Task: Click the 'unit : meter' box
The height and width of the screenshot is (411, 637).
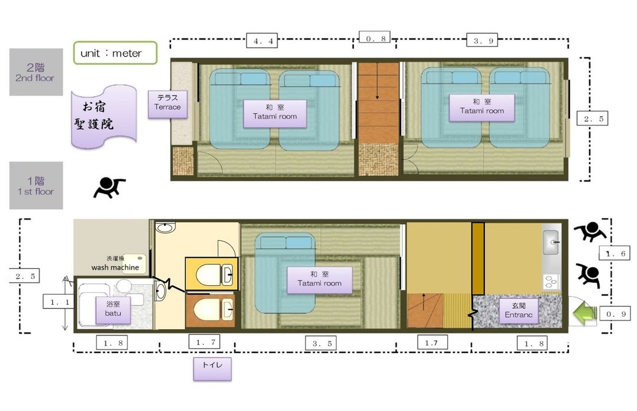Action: click(116, 53)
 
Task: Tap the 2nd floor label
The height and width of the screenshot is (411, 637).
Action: click(36, 73)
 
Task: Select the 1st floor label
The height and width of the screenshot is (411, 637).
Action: click(36, 186)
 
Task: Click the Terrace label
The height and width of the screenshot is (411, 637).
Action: click(168, 104)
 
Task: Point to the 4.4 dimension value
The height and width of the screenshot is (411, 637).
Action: click(262, 41)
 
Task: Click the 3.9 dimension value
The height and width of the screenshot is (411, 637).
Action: click(482, 40)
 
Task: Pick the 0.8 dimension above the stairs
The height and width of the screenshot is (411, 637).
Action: click(375, 38)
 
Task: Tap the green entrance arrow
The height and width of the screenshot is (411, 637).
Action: click(585, 313)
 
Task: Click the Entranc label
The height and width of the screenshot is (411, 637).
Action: click(518, 310)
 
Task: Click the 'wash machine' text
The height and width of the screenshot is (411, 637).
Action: click(116, 267)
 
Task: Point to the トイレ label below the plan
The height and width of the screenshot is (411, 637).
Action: click(212, 369)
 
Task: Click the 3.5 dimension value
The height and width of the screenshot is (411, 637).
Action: click(322, 344)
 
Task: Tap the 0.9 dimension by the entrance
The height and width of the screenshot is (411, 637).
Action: click(616, 314)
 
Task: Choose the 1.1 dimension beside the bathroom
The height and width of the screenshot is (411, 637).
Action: click(59, 302)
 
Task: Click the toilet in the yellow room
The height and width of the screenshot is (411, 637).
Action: click(214, 275)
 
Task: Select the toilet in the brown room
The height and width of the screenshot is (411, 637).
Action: click(214, 310)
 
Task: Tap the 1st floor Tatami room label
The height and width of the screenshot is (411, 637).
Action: click(319, 280)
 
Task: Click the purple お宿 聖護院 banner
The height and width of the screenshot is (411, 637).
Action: click(104, 117)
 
